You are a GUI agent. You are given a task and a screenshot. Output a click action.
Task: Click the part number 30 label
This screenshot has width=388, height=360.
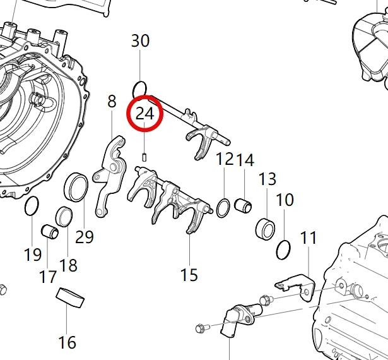(x=140, y=41)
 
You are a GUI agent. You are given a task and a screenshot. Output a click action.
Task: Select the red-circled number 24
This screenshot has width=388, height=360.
(x=145, y=114)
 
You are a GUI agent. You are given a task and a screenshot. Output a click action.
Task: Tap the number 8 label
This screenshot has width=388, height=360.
(x=112, y=101)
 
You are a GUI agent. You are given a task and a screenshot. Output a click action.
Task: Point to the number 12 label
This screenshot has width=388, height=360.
(x=225, y=159)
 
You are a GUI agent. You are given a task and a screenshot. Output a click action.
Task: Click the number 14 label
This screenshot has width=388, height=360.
(x=245, y=159)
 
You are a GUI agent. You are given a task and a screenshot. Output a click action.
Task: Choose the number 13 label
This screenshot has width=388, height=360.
(x=267, y=178)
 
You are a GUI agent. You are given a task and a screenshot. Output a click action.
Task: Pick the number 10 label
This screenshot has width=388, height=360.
(x=285, y=200)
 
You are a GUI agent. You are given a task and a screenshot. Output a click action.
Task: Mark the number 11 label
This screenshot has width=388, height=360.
(x=308, y=238)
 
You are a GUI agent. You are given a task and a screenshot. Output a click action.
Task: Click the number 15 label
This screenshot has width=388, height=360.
(x=189, y=275)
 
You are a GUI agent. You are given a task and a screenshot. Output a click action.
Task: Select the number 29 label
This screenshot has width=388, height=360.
(x=84, y=237)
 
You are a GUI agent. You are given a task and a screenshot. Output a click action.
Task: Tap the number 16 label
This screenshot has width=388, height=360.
(x=67, y=342)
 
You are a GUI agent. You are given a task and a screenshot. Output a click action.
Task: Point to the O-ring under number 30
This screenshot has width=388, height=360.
(x=141, y=87)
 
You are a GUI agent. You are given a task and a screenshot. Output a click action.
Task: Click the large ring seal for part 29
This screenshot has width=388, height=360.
(x=77, y=187)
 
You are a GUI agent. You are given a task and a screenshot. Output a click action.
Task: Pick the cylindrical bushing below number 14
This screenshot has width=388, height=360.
(x=244, y=205)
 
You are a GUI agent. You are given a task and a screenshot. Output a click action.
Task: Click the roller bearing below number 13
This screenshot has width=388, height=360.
(x=266, y=227)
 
